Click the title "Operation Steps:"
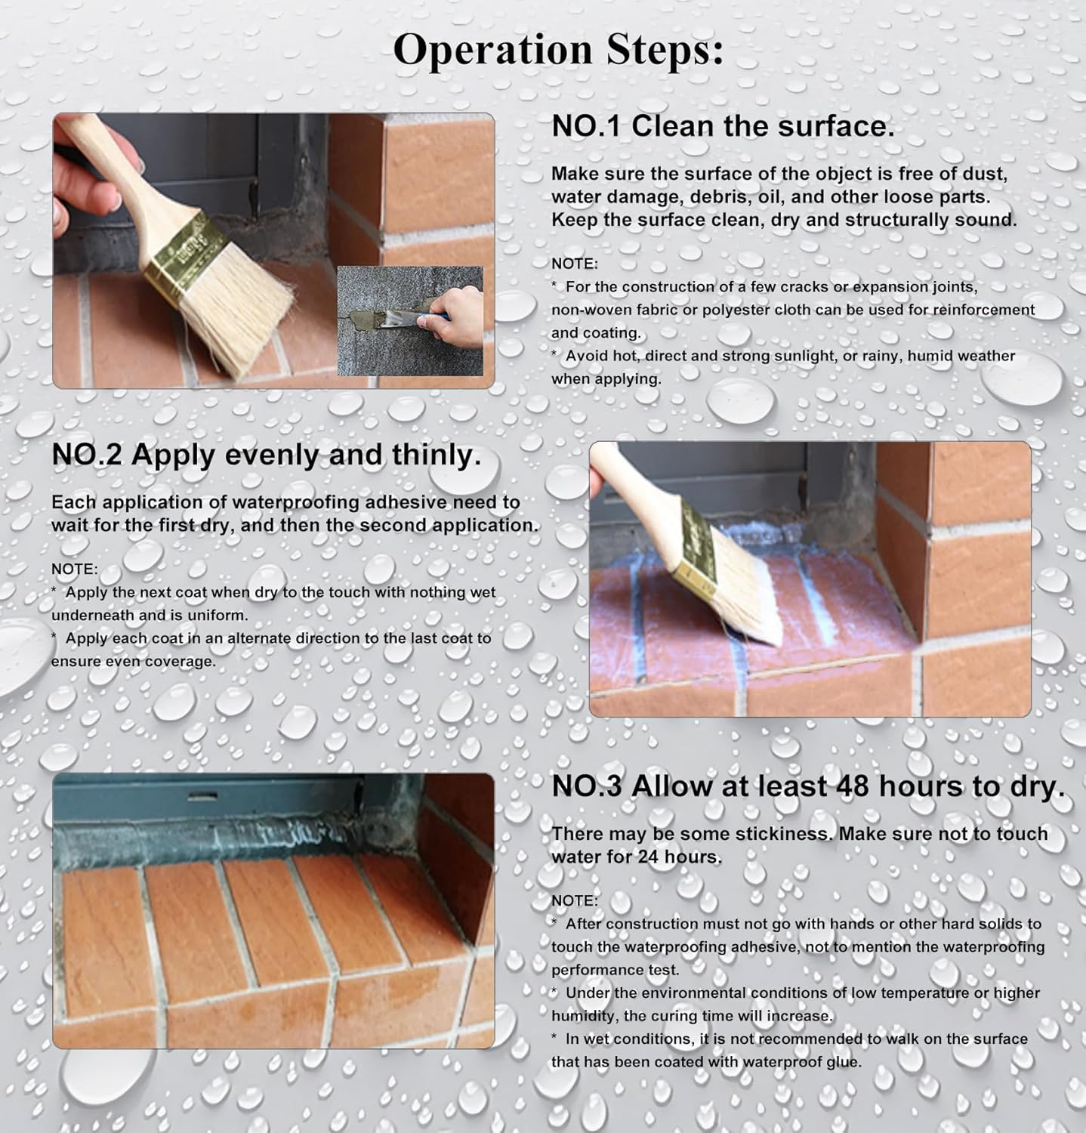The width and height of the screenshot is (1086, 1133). coord(557,50)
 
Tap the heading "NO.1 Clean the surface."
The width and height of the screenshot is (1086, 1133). coord(723,126)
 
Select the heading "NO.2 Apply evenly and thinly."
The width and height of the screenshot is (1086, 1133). coord(266,455)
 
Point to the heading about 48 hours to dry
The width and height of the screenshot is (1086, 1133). coord(807,786)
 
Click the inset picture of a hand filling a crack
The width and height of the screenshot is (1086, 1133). coord(410,321)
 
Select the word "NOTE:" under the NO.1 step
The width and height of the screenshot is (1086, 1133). coord(575,264)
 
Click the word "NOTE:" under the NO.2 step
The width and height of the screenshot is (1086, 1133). coord(75,569)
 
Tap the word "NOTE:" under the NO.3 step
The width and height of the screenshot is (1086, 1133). coord(575,900)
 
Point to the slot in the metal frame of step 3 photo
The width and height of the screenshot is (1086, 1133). coord(198,795)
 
